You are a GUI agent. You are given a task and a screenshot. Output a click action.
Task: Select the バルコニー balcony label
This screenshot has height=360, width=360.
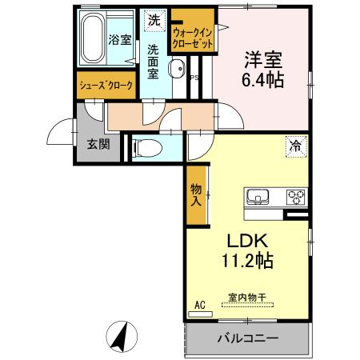(x=248, y=338)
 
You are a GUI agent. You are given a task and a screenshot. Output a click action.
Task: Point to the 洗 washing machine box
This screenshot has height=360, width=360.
(x=151, y=19)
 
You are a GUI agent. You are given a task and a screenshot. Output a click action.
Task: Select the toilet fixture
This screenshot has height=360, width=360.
(x=146, y=146)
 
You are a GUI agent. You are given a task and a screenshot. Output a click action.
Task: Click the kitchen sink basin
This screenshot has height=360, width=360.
(x=258, y=197)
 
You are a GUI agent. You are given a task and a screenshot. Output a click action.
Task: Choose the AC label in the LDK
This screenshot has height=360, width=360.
(x=200, y=305)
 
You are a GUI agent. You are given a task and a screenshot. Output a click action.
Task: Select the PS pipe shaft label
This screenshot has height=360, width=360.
(x=193, y=78)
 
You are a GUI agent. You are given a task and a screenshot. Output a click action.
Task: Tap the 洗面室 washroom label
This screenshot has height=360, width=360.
(x=153, y=60)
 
